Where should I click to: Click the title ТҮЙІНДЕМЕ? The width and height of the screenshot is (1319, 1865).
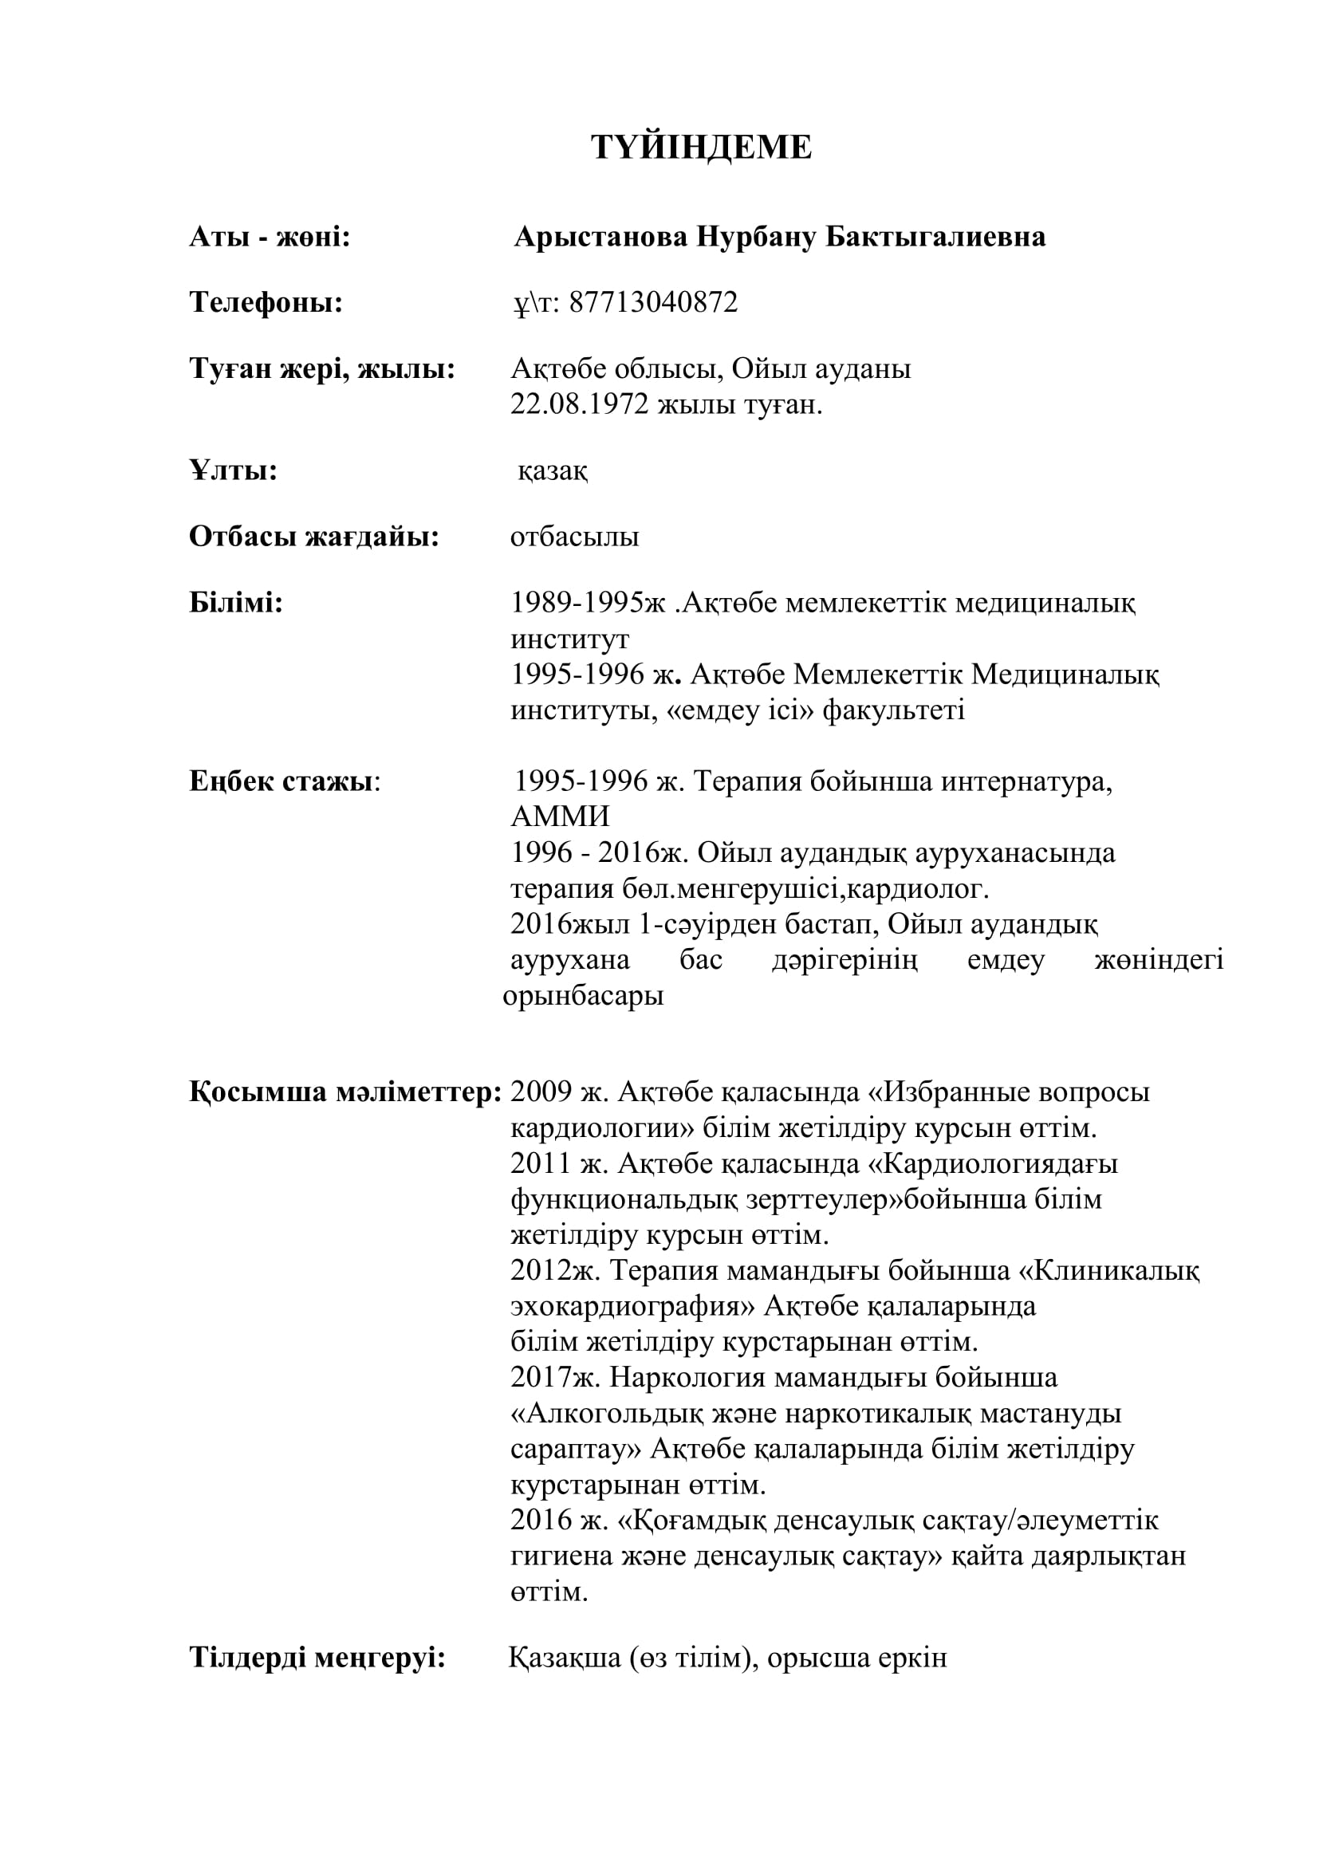point(701,148)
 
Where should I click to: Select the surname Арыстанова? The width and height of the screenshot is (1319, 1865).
point(600,236)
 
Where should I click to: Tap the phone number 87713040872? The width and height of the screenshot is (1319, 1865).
point(653,302)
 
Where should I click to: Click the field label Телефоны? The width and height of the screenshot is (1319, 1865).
point(266,302)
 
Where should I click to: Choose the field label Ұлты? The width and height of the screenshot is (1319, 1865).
point(233,470)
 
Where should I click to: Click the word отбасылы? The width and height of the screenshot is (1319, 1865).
point(574,537)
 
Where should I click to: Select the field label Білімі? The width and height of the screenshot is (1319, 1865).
point(235,603)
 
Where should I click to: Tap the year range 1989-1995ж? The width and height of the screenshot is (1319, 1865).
point(587,603)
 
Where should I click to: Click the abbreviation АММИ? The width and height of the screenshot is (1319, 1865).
point(560,816)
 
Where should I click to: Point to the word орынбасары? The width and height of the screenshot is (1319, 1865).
point(582,995)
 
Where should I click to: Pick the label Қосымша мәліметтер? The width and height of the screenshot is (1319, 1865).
point(345,1092)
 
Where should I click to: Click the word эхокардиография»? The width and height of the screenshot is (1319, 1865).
point(632,1306)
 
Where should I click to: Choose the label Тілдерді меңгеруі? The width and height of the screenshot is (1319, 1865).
point(317,1657)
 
